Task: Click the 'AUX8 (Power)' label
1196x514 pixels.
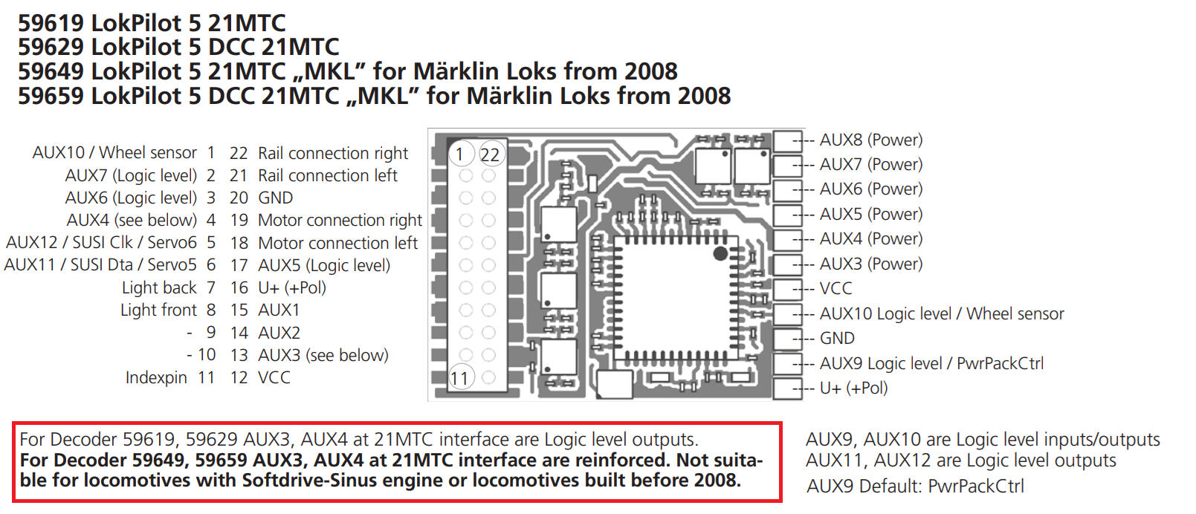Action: click(x=871, y=140)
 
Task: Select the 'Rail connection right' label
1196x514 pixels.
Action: click(x=333, y=153)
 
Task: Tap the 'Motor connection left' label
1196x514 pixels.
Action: click(x=337, y=243)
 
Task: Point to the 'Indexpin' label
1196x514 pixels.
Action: click(x=156, y=377)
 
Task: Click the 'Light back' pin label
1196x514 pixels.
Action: click(x=159, y=287)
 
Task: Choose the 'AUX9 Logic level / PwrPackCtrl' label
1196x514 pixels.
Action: click(x=931, y=363)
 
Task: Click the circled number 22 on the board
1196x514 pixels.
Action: click(x=490, y=154)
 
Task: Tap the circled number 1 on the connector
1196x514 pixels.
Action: click(x=459, y=154)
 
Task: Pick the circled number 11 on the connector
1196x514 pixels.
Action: click(x=459, y=378)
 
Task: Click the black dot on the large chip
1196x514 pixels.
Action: click(x=720, y=253)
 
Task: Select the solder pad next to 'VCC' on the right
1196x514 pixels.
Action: click(x=787, y=289)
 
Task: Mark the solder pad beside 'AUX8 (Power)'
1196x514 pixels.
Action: click(x=787, y=141)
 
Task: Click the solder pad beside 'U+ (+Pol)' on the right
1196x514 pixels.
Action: click(x=787, y=388)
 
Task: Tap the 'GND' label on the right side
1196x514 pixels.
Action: click(x=837, y=339)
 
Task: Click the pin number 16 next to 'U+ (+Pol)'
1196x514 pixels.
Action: click(x=239, y=287)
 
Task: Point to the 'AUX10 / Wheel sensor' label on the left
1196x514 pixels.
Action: click(x=114, y=153)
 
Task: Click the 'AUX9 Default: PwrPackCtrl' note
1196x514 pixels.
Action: click(x=915, y=487)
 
